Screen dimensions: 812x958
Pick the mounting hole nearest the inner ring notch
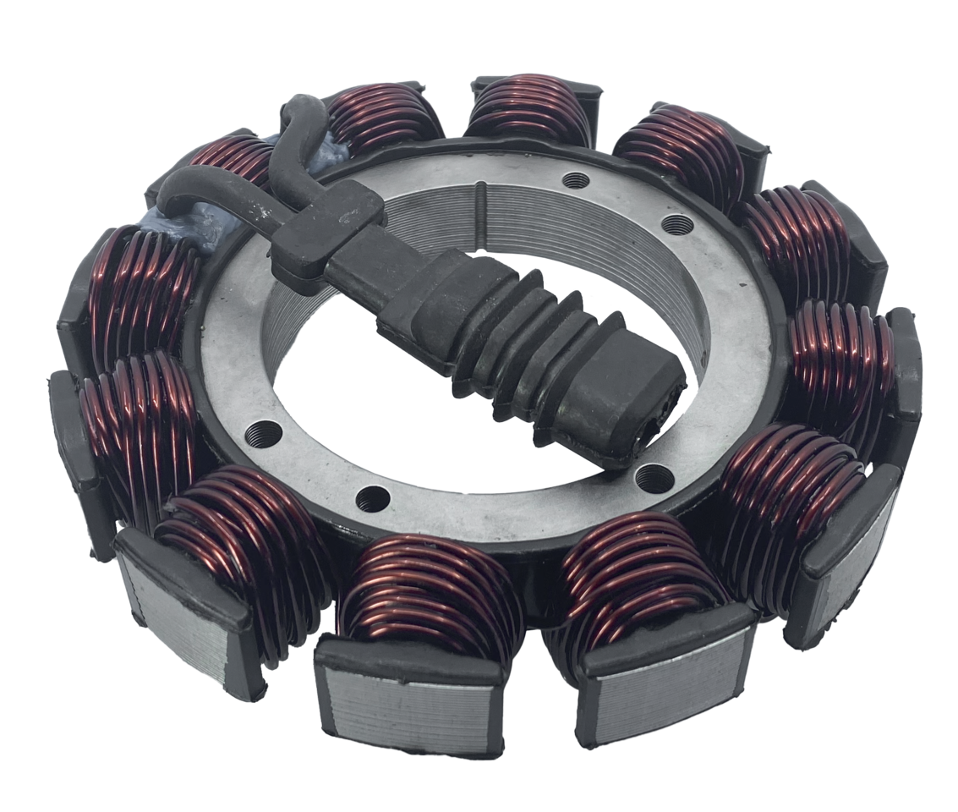pyautogui.click(x=577, y=178)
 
